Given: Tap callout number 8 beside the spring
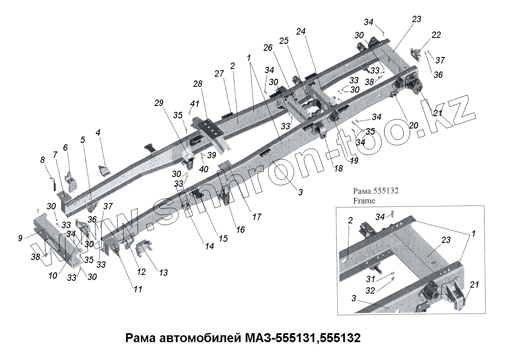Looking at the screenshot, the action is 42,160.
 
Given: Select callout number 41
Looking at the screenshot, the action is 194,103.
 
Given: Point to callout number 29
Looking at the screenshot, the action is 158,103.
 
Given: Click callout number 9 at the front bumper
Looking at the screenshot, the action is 20,238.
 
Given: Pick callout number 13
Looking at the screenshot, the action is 164,272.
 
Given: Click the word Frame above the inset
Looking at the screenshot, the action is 364,200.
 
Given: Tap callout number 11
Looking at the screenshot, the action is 137,289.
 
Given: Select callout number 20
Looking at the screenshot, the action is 413,126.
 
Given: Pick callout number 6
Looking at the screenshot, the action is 65,148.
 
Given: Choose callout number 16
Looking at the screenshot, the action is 240,230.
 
